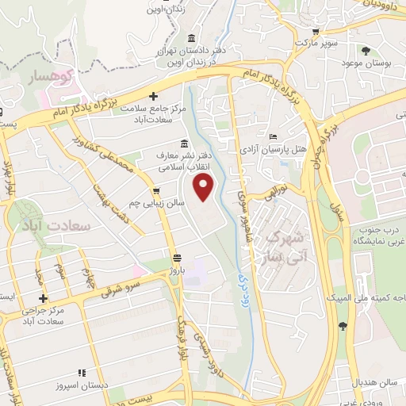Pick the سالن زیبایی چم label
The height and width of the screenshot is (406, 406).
157,204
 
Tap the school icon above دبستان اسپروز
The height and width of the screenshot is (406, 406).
80,373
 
